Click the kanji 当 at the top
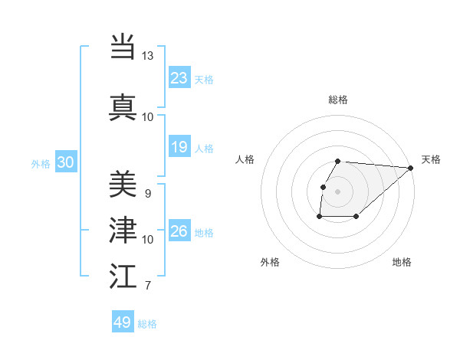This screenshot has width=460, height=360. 123,47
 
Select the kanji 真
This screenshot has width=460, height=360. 123,106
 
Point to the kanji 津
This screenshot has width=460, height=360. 123,229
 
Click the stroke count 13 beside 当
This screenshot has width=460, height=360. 148,56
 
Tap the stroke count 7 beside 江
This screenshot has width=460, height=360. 147,286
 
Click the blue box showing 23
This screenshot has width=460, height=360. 179,78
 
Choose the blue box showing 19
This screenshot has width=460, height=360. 179,147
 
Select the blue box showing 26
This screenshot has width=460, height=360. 179,231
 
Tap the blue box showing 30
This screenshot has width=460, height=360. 65,162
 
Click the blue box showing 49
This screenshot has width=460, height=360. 123,322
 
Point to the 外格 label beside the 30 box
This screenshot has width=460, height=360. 41,163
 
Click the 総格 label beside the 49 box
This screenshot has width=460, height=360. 147,324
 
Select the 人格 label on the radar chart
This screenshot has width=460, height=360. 245,159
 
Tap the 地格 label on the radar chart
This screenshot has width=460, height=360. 402,262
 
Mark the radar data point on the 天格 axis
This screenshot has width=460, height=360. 411,168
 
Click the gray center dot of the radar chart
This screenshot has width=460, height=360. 337,191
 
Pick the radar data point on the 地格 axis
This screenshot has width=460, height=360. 356,217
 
